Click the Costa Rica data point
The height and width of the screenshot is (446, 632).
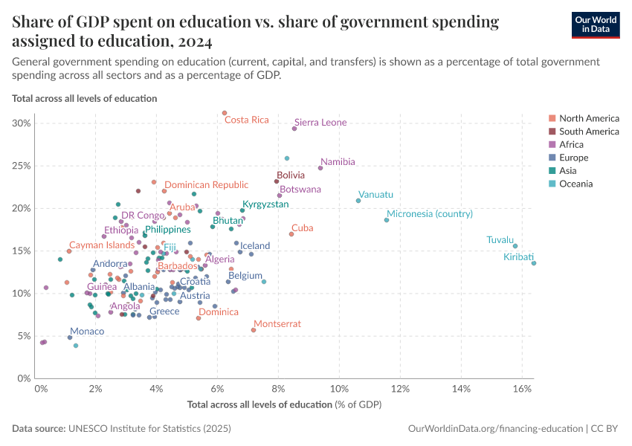(x=225, y=113)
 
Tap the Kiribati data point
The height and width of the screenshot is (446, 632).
(x=534, y=263)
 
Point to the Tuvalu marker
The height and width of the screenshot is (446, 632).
(x=515, y=246)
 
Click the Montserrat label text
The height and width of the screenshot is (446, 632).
(x=277, y=323)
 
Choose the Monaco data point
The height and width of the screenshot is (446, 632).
(x=70, y=337)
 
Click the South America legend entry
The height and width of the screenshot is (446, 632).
(x=589, y=132)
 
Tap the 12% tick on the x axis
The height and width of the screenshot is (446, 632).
(x=401, y=389)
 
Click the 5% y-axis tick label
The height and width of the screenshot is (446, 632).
(x=25, y=335)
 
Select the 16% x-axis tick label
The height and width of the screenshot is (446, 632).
(x=522, y=389)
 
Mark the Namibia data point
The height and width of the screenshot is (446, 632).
(x=320, y=168)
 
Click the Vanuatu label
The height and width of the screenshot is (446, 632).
(x=375, y=195)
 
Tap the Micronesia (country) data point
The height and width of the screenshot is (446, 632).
(x=387, y=220)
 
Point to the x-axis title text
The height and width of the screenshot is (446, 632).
(x=285, y=404)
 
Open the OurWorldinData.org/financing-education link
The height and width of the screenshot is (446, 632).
(x=494, y=429)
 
